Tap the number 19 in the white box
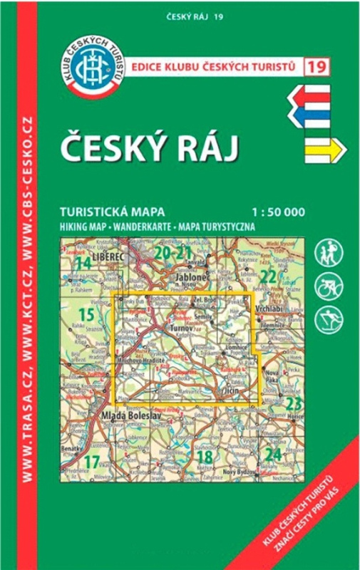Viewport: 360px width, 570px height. (x=315, y=68)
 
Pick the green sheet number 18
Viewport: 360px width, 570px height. (x=206, y=457)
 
